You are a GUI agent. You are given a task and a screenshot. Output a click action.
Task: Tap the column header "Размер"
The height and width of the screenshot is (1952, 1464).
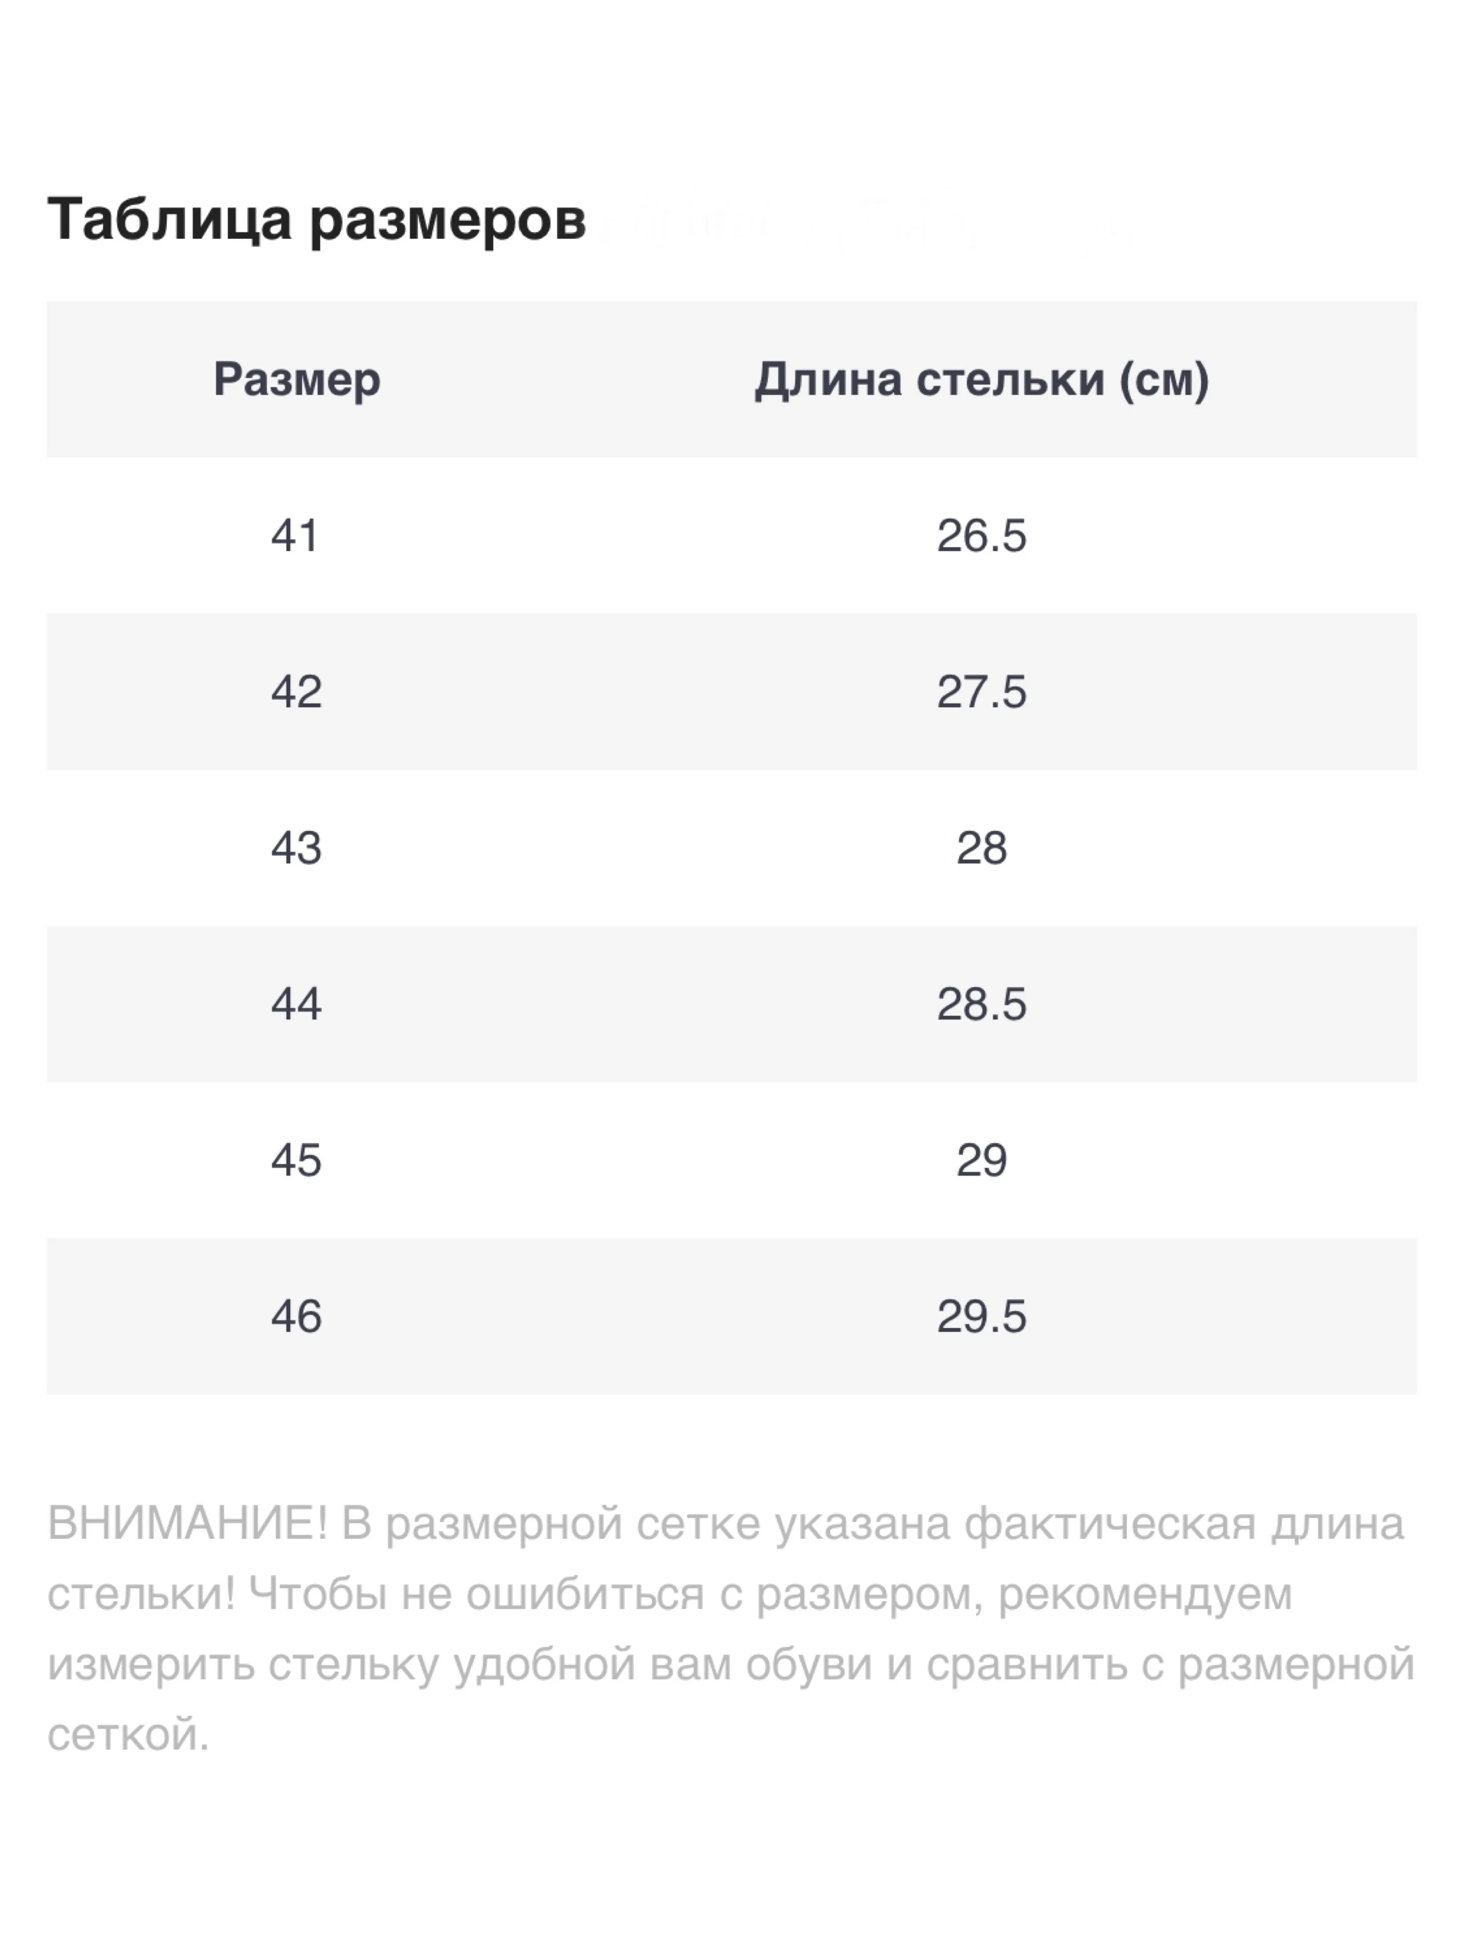pyautogui.click(x=296, y=379)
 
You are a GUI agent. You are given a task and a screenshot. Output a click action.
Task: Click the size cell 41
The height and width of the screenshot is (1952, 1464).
pyautogui.click(x=295, y=536)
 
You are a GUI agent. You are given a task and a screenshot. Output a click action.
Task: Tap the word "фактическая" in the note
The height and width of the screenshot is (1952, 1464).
pyautogui.click(x=1109, y=1524)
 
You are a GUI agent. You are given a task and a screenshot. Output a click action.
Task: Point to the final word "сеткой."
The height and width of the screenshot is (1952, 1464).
pyautogui.click(x=128, y=1735)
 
